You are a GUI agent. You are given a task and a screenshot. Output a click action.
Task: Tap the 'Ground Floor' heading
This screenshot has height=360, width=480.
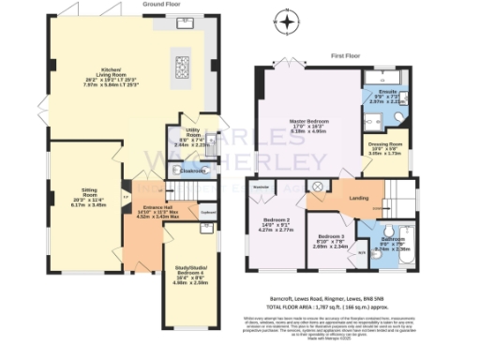[160, 4]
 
